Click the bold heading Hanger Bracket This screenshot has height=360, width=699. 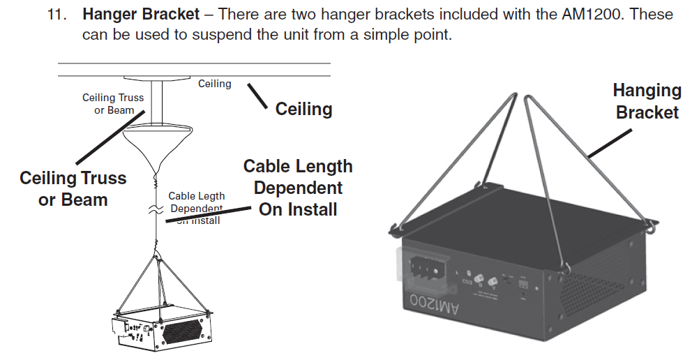tap(136, 13)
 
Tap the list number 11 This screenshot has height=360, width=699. tap(57, 14)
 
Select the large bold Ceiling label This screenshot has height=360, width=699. tap(303, 109)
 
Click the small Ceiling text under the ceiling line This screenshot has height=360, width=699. tap(214, 84)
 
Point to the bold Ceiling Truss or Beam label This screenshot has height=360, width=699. tap(73, 188)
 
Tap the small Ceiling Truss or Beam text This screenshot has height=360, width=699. tap(113, 104)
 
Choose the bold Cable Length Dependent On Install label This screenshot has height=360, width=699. tap(298, 188)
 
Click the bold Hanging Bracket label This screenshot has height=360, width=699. tap(647, 101)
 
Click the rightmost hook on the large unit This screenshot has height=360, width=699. tap(651, 227)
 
